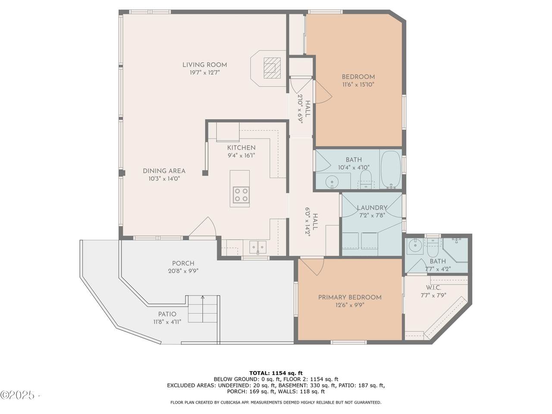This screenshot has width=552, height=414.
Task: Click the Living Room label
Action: pos(204,65)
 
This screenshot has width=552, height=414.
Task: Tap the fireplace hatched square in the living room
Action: pos(272,68)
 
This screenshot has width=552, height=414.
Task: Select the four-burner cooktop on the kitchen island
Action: pos(241,195)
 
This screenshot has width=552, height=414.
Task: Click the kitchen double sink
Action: pos(258,247)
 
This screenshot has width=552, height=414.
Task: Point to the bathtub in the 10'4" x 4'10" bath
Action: pos(391,169)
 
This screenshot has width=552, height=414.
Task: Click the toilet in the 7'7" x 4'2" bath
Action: pos(433,248)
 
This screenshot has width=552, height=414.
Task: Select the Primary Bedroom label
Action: pos(350,298)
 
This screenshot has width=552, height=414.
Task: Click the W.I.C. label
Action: pos(433,288)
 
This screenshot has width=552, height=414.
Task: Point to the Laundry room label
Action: pos(372,207)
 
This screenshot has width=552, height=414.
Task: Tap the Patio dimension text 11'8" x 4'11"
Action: pos(167,322)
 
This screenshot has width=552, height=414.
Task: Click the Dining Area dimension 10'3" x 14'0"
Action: pos(164,179)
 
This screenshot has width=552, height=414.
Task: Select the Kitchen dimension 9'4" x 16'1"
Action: pos(241,156)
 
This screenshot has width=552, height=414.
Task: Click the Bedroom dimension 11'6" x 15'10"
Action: pos(358,85)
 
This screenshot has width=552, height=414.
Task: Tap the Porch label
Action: pos(183,263)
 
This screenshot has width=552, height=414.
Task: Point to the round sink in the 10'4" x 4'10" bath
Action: pos(332,181)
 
